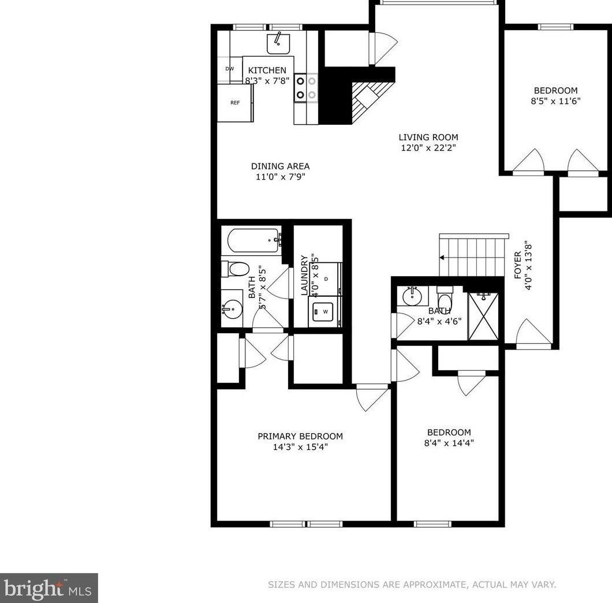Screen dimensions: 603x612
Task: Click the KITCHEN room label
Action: coord(267,70)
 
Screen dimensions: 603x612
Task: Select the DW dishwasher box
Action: coord(230,69)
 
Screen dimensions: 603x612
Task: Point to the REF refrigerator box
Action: coord(235,103)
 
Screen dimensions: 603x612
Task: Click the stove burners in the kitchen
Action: coord(306,88)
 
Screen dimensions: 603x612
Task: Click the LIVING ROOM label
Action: coord(428,137)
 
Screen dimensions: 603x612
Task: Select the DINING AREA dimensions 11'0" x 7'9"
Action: coord(280,177)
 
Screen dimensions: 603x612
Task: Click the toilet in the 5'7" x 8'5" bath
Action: coord(236,269)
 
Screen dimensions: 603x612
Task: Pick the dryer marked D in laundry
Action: coord(326,279)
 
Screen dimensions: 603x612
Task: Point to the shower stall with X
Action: coord(482,316)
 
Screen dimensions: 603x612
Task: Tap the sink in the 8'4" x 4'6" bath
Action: coord(412,297)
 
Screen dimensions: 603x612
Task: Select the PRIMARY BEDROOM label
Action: coord(300,436)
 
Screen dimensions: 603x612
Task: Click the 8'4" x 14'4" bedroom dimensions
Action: coord(449,444)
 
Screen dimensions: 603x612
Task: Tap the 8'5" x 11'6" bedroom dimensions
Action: coord(555,100)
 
